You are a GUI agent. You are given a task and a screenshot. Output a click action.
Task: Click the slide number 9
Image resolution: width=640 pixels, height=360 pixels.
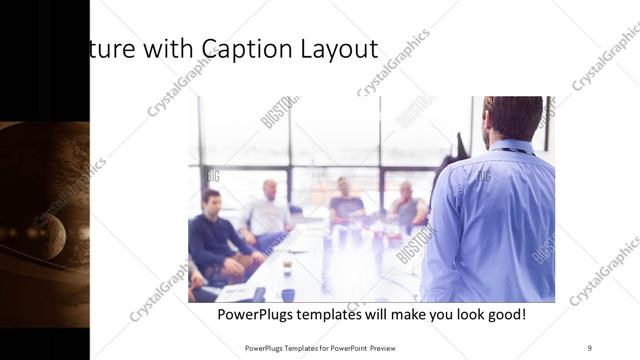coord(589,347)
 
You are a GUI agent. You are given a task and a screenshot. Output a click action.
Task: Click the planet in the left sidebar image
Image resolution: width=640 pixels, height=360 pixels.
coord(48,236)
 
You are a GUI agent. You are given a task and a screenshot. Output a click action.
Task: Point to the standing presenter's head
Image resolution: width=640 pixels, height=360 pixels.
coord(512,119)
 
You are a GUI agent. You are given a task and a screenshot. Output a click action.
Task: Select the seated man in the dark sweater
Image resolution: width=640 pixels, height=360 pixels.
coord(215,240)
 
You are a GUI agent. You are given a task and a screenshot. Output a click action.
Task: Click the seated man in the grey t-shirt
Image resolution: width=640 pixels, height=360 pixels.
coord(346,205)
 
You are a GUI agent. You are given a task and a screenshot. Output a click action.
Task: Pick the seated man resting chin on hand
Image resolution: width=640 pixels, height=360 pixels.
coord(406,205)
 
